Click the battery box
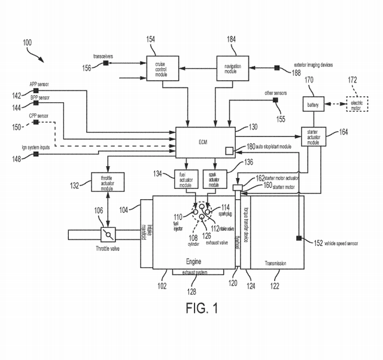pos(314,106)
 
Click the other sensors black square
pos(276,100)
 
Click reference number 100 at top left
pos(28,42)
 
